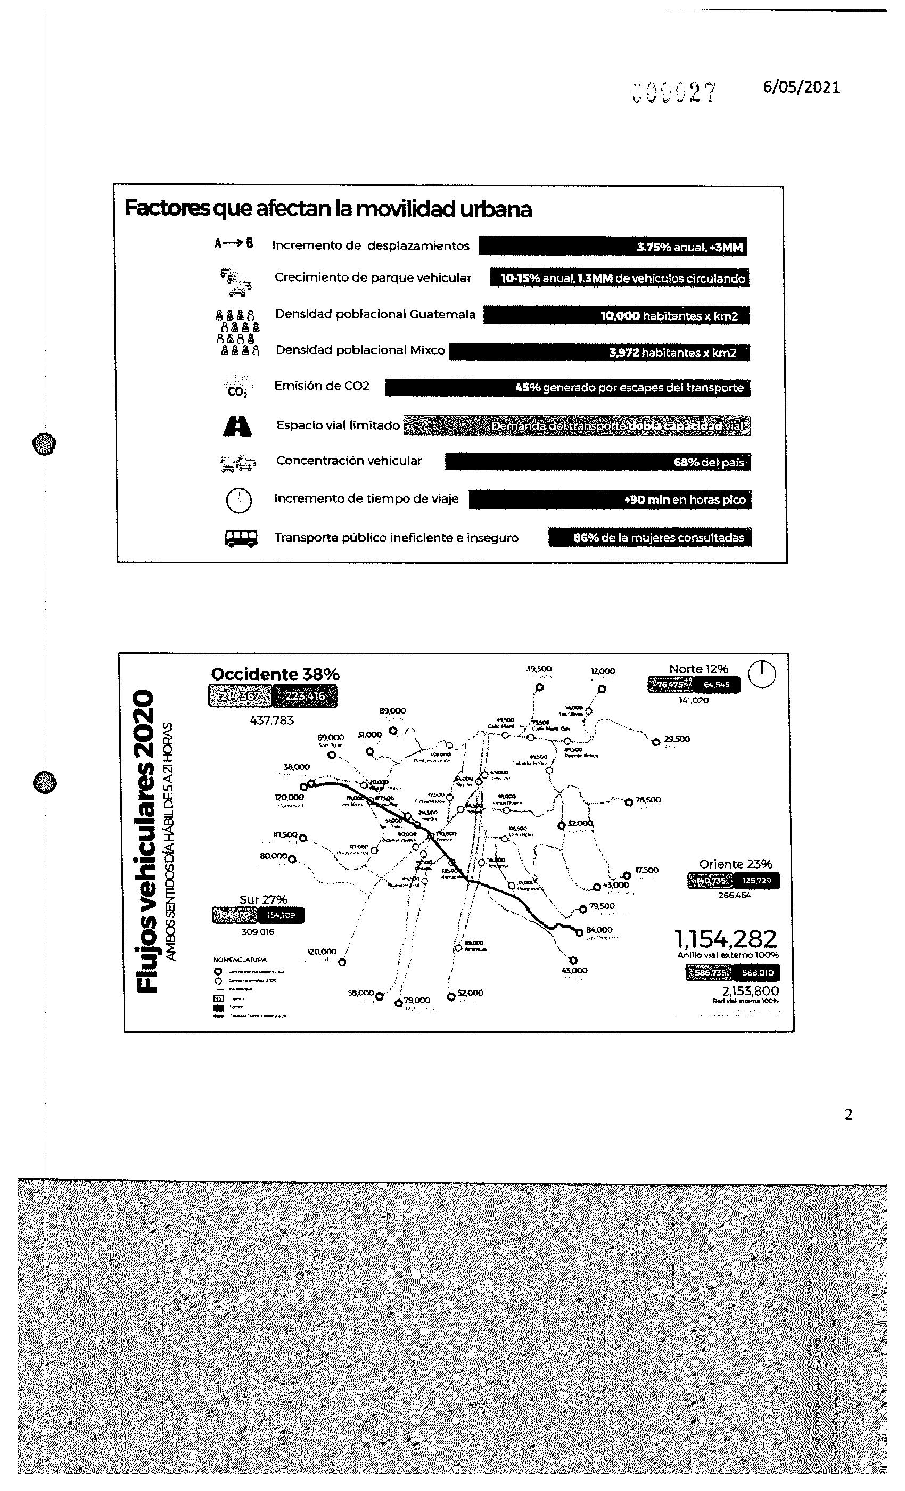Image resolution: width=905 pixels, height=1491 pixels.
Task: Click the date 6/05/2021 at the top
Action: click(801, 87)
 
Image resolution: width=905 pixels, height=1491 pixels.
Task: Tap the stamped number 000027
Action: click(673, 93)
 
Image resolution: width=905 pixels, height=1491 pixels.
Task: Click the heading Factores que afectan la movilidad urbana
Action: click(328, 209)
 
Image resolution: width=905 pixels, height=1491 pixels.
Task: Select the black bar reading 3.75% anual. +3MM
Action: click(613, 246)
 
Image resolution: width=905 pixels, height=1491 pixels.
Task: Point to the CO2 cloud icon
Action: click(237, 388)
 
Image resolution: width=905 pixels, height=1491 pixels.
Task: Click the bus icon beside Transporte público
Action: click(241, 538)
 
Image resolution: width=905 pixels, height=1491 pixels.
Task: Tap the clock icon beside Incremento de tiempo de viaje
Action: click(238, 500)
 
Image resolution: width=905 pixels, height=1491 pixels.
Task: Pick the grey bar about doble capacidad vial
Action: click(577, 425)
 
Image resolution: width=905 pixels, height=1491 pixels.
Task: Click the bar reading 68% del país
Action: click(597, 462)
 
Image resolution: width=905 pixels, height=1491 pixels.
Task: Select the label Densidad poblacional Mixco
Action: click(360, 350)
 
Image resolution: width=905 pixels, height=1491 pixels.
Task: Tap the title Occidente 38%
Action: click(275, 674)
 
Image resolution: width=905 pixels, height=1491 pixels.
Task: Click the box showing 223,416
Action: click(305, 696)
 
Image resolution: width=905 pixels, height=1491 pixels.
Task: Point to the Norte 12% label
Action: click(698, 669)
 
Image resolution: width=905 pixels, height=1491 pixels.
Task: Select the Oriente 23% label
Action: click(735, 864)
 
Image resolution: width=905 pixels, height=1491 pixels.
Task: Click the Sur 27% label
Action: click(263, 900)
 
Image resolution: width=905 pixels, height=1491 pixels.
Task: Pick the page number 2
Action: click(848, 1115)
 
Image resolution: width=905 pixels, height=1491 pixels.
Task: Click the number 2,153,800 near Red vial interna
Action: click(750, 990)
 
